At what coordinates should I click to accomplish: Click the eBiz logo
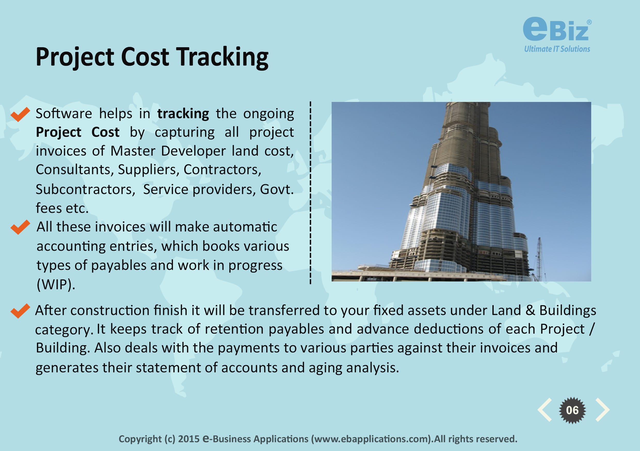point(557,35)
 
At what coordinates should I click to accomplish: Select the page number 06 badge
point(573,410)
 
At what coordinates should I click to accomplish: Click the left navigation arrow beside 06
point(545,410)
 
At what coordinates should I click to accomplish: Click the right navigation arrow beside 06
point(602,410)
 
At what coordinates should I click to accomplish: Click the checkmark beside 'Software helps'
point(20,114)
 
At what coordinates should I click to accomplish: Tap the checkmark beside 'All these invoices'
point(20,227)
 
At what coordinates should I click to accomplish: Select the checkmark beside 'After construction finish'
point(20,311)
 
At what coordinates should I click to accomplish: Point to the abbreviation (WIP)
point(56,285)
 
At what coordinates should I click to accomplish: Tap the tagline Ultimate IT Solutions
point(557,49)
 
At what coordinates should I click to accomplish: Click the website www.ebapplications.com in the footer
point(372,439)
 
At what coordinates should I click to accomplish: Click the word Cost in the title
point(145,57)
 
